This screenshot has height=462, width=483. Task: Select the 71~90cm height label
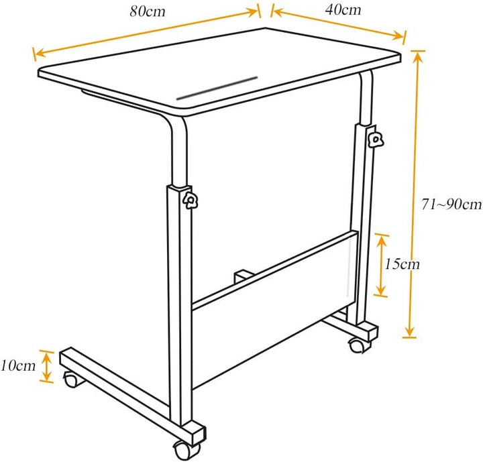(x=451, y=205)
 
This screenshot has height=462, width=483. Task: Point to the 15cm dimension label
(x=402, y=264)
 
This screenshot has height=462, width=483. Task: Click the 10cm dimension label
(x=18, y=365)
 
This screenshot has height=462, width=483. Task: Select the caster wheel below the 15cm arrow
(x=356, y=346)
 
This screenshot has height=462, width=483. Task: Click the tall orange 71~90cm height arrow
(x=414, y=194)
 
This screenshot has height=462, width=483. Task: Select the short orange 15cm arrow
(x=381, y=265)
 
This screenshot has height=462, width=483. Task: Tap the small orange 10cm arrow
(x=46, y=366)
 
